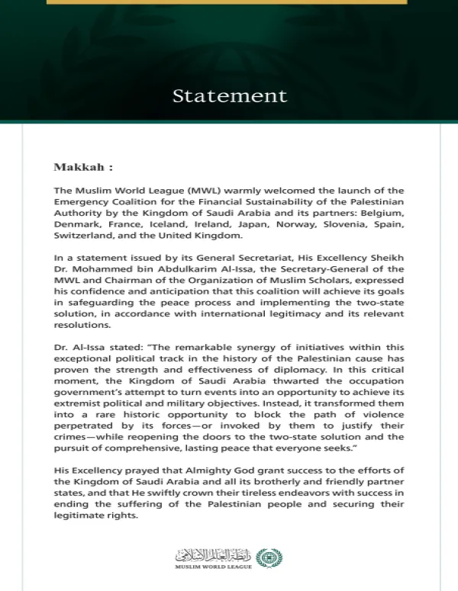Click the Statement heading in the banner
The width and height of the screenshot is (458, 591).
[x=229, y=97]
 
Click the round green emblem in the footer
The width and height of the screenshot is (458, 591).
[x=263, y=557]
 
